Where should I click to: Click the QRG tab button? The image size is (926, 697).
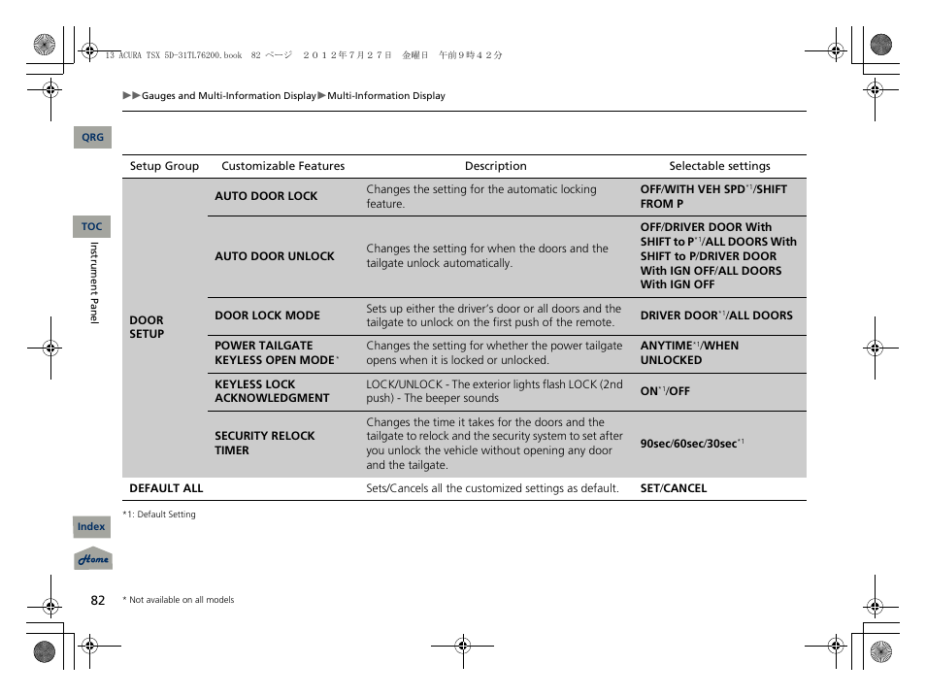[92, 138]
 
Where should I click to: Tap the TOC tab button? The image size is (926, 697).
[91, 226]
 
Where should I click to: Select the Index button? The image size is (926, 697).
[91, 527]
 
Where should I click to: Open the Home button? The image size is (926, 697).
[93, 560]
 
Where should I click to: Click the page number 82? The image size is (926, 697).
[97, 600]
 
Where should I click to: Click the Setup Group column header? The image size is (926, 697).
[164, 166]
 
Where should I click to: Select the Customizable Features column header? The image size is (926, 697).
[282, 166]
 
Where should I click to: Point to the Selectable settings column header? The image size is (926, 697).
[719, 166]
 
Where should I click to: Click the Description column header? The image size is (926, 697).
[495, 166]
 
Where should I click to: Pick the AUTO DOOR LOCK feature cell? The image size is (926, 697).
[266, 196]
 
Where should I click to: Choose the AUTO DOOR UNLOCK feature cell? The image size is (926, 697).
[274, 256]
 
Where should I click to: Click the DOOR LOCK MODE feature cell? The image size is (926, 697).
[267, 315]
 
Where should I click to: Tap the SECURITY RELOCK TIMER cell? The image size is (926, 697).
[264, 444]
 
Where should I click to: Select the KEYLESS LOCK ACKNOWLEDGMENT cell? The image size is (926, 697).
[272, 391]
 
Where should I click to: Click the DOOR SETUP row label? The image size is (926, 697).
[147, 327]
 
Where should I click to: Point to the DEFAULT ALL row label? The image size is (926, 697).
[166, 488]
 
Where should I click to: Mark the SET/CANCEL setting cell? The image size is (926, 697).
[673, 488]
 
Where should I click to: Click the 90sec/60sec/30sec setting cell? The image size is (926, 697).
[691, 444]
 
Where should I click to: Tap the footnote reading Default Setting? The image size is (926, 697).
[159, 514]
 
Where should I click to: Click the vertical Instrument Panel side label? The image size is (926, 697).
[94, 282]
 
